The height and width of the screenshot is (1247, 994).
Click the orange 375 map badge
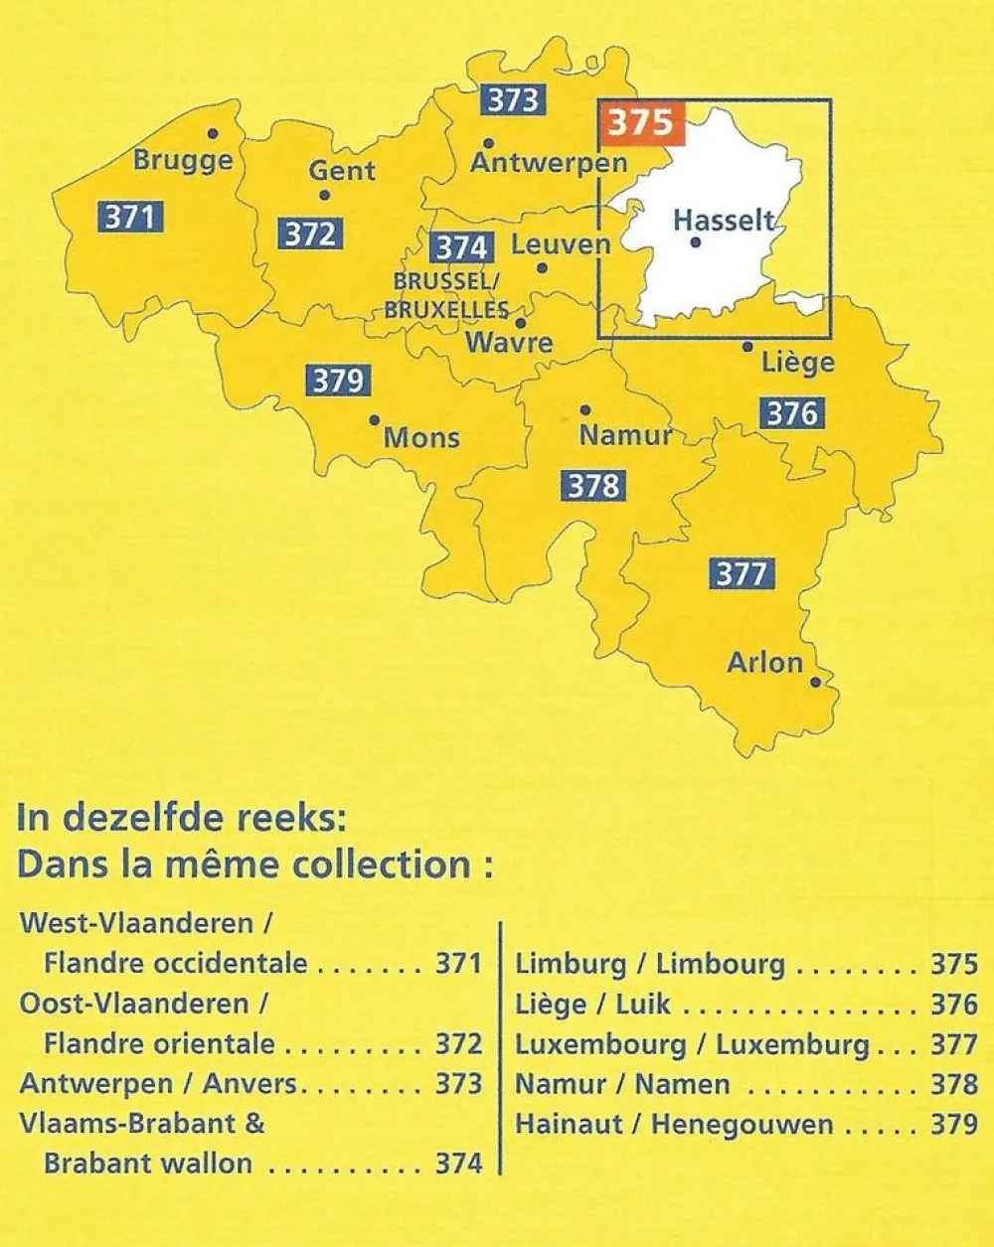pyautogui.click(x=641, y=123)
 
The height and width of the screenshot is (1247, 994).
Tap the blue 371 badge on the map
pyautogui.click(x=130, y=216)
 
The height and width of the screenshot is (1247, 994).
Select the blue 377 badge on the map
pyautogui.click(x=742, y=573)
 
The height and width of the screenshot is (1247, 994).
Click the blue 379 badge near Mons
pyautogui.click(x=339, y=381)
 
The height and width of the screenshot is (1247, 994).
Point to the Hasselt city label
pyautogui.click(x=723, y=220)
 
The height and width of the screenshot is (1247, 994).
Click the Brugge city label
pyautogui.click(x=183, y=160)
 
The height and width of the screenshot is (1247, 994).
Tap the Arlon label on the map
pyautogui.click(x=764, y=663)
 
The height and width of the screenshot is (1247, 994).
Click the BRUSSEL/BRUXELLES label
pyautogui.click(x=446, y=296)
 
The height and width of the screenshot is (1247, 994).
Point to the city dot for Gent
pyautogui.click(x=324, y=195)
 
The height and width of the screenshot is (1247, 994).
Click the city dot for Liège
pyautogui.click(x=747, y=347)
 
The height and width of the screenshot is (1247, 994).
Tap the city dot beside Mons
pyautogui.click(x=374, y=420)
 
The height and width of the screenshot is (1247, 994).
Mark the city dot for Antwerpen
pyautogui.click(x=488, y=143)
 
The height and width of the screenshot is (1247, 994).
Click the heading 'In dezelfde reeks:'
pyautogui.click(x=181, y=819)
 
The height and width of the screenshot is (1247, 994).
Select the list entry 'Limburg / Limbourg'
pyautogui.click(x=650, y=964)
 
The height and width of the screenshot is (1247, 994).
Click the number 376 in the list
pyautogui.click(x=954, y=1005)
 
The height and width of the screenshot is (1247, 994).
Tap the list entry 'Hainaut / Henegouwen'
pyautogui.click(x=674, y=1125)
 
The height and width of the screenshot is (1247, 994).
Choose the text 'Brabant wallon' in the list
pyautogui.click(x=148, y=1164)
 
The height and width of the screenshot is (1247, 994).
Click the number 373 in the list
pyautogui.click(x=458, y=1084)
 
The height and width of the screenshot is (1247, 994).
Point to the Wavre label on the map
pyautogui.click(x=509, y=344)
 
